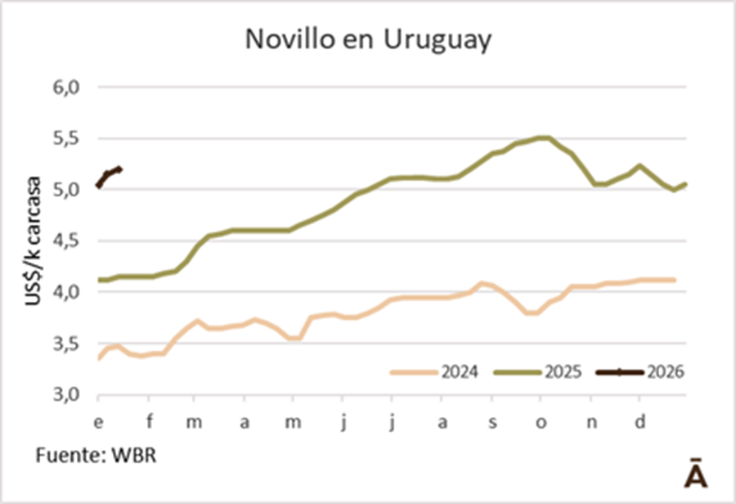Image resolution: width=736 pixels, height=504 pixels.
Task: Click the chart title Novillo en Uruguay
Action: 368,40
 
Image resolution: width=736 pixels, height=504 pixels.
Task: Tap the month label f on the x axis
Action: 149,422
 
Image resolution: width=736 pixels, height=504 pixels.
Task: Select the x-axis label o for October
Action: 540,422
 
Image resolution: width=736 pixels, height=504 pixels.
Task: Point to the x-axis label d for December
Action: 641,422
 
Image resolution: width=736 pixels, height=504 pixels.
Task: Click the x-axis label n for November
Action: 592,422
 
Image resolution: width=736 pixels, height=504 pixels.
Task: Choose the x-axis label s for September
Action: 492,422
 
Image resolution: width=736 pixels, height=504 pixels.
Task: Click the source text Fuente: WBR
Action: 96,455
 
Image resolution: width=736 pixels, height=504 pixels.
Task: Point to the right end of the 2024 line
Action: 673,280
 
